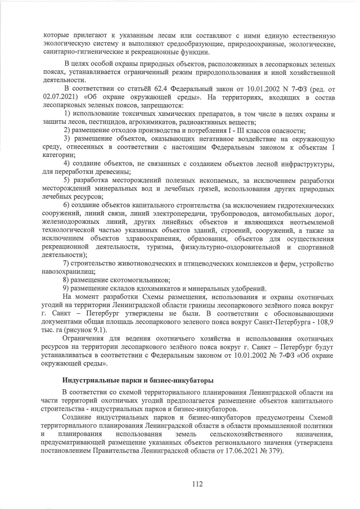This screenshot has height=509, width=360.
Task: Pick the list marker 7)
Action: (x=66, y=263)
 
